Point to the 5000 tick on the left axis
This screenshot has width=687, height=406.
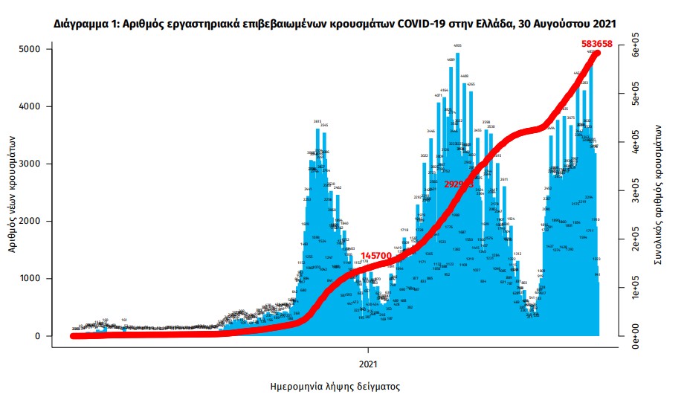pyautogui.click(x=30, y=49)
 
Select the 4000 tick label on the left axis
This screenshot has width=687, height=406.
pyautogui.click(x=30, y=106)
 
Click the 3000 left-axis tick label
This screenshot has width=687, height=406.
pyautogui.click(x=30, y=164)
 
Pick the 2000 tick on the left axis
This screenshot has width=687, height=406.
pyautogui.click(x=30, y=222)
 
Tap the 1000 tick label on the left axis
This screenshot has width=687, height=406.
pyautogui.click(x=30, y=279)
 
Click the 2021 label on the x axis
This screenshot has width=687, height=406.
pyautogui.click(x=368, y=364)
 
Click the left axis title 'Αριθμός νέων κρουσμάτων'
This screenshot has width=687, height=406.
pyautogui.click(x=13, y=193)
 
